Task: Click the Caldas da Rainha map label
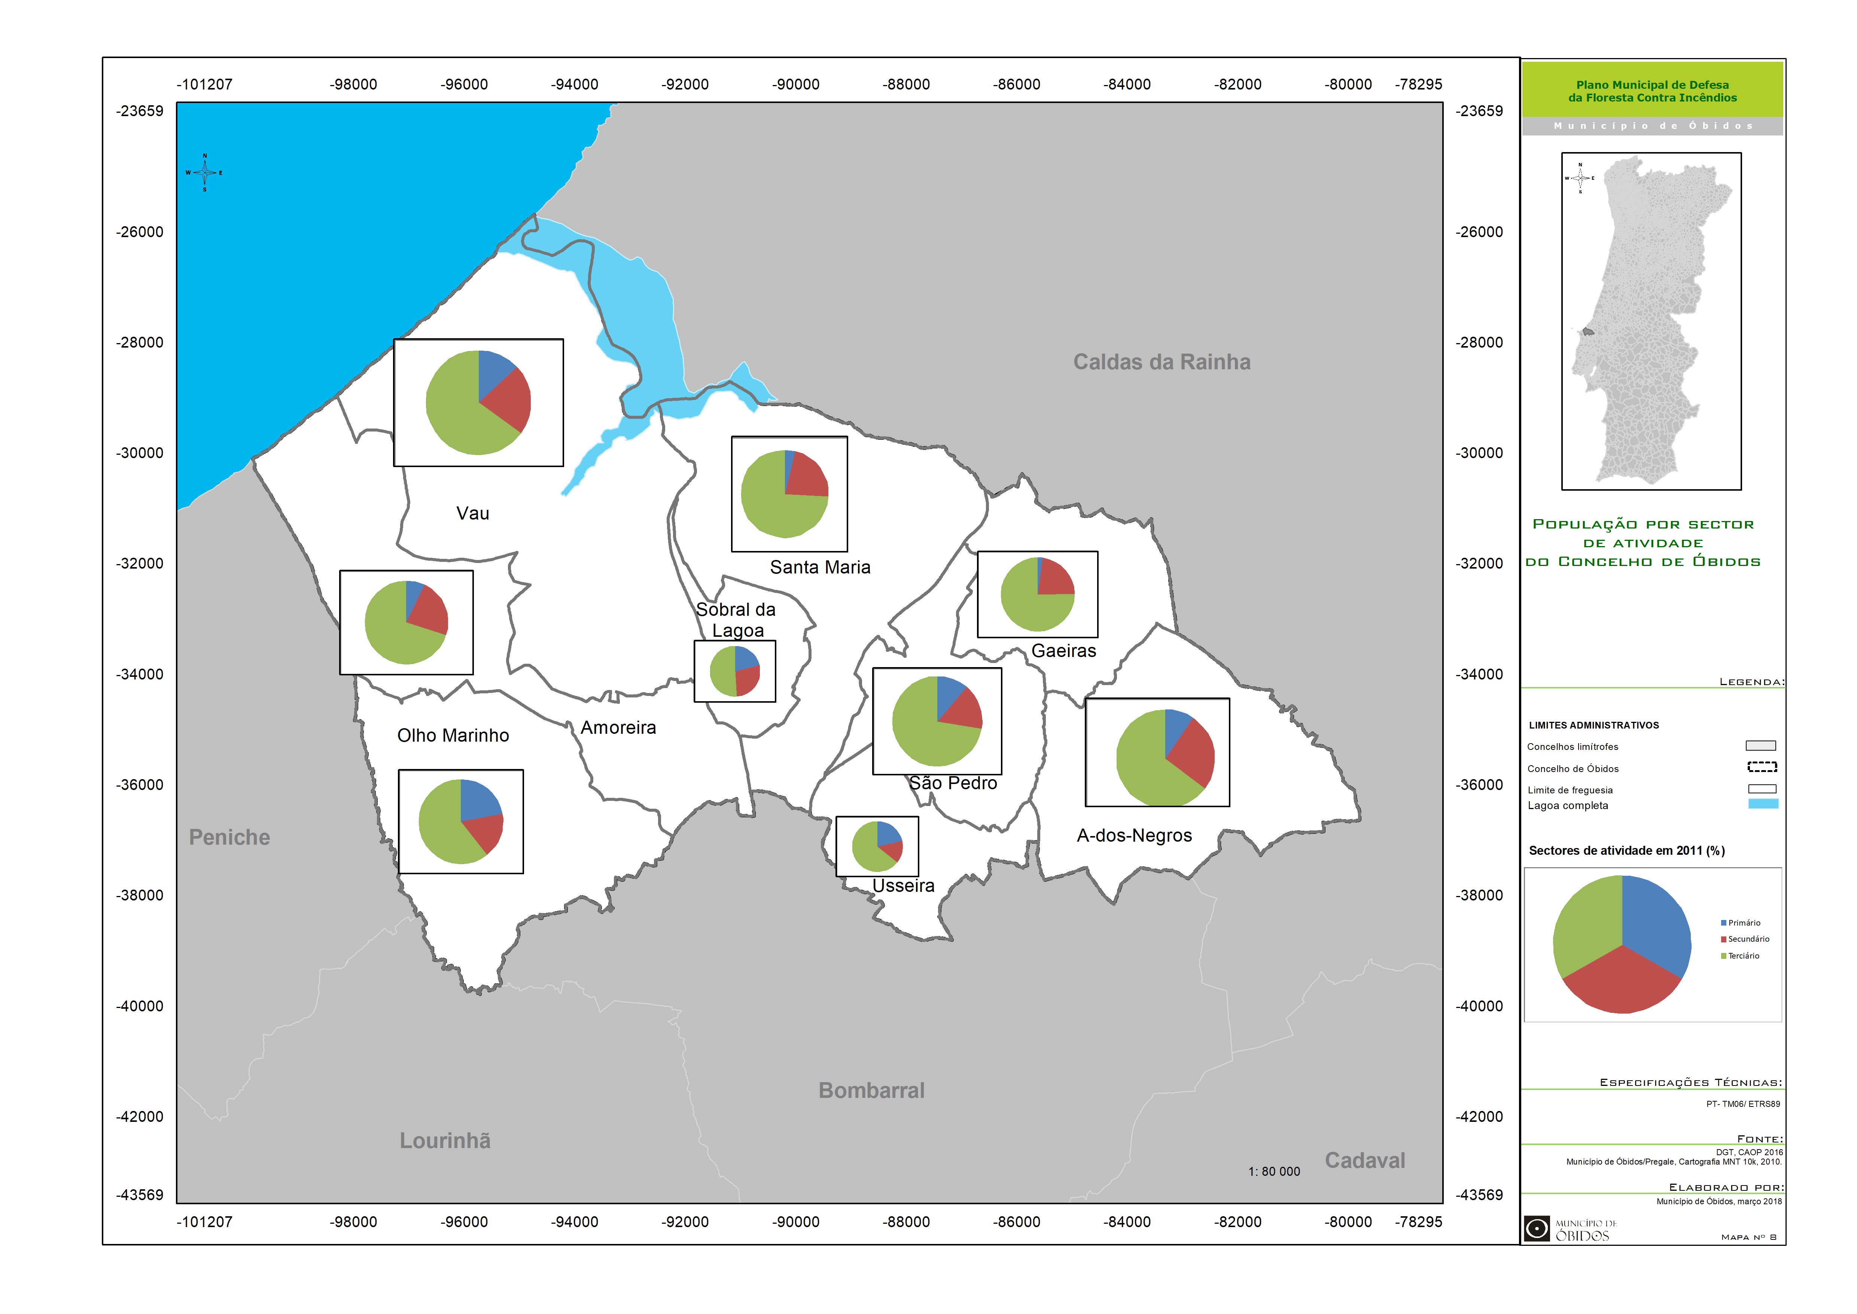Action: tap(1162, 362)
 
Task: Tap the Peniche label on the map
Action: tap(230, 838)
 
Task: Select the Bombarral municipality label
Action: tap(871, 1091)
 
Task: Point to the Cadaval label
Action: tap(1364, 1160)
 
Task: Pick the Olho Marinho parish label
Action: tap(453, 736)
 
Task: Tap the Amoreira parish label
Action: tap(618, 727)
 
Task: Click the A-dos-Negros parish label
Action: tap(1134, 836)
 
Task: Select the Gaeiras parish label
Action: tap(1063, 651)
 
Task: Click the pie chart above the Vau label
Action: tap(478, 402)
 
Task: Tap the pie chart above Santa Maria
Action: tap(785, 494)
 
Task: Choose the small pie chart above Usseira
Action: tap(877, 846)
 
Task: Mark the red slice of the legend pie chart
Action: tap(1622, 981)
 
